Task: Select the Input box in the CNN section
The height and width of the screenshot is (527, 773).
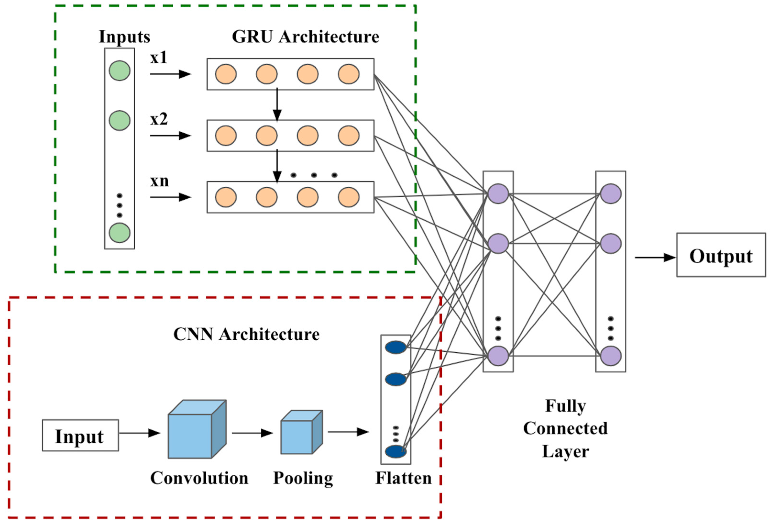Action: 80,435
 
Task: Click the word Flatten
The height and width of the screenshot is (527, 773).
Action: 403,478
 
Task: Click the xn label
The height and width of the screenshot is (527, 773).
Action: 159,181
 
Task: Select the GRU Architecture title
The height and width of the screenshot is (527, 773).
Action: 305,37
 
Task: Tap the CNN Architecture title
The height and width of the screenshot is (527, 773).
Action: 246,334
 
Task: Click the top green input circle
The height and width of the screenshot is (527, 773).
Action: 119,71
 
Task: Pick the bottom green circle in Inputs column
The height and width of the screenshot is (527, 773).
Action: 119,233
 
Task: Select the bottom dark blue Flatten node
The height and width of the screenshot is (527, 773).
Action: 395,451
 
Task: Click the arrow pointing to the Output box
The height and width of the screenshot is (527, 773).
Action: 655,257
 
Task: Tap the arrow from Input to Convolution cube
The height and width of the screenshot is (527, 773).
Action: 140,433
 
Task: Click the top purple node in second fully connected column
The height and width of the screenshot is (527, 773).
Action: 610,194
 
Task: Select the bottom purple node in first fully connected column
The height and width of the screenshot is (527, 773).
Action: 498,356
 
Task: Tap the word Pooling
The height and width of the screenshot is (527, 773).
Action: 303,478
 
